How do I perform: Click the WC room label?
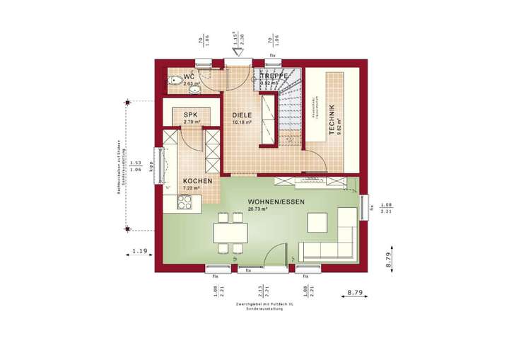pos(189,76)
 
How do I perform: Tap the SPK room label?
pos(190,114)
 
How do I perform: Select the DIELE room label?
pos(242,114)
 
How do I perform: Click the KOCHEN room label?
pos(198,181)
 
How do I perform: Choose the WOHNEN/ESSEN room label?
pos(276,202)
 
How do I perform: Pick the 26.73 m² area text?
pos(258,209)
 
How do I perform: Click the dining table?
pos(230,231)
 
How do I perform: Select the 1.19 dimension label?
pos(139,250)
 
